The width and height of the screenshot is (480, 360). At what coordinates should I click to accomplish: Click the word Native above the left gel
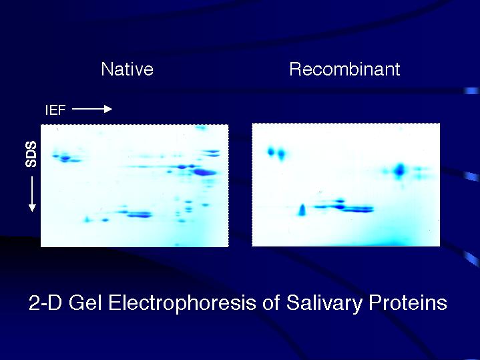127,69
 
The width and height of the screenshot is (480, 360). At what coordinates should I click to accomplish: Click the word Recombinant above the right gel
344,69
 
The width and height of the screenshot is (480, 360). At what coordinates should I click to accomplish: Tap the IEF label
55,110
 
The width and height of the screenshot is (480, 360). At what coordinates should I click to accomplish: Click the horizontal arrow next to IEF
92,109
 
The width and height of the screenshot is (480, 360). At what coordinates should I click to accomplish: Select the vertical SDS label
31,154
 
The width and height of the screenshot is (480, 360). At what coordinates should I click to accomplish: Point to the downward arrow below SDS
32,194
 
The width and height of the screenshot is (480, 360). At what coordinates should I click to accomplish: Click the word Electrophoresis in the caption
182,303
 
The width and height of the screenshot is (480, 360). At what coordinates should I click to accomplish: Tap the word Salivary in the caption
324,304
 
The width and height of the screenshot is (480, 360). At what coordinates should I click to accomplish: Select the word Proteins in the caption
408,303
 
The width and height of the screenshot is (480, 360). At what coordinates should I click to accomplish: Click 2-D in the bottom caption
45,303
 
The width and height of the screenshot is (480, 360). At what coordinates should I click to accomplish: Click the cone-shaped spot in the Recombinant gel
302,210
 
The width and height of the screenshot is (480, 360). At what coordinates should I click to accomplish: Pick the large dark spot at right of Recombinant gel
399,170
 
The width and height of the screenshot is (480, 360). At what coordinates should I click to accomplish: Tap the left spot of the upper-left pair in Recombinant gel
271,152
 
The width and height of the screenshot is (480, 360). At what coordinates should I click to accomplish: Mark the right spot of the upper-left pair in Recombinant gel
281,154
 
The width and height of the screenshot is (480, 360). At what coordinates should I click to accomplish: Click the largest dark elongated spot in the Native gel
204,172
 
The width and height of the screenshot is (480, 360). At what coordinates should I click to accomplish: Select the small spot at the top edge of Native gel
201,128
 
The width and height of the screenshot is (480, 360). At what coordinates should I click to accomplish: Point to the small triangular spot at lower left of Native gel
87,219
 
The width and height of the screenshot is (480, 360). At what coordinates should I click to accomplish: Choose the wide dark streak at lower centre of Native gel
140,214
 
